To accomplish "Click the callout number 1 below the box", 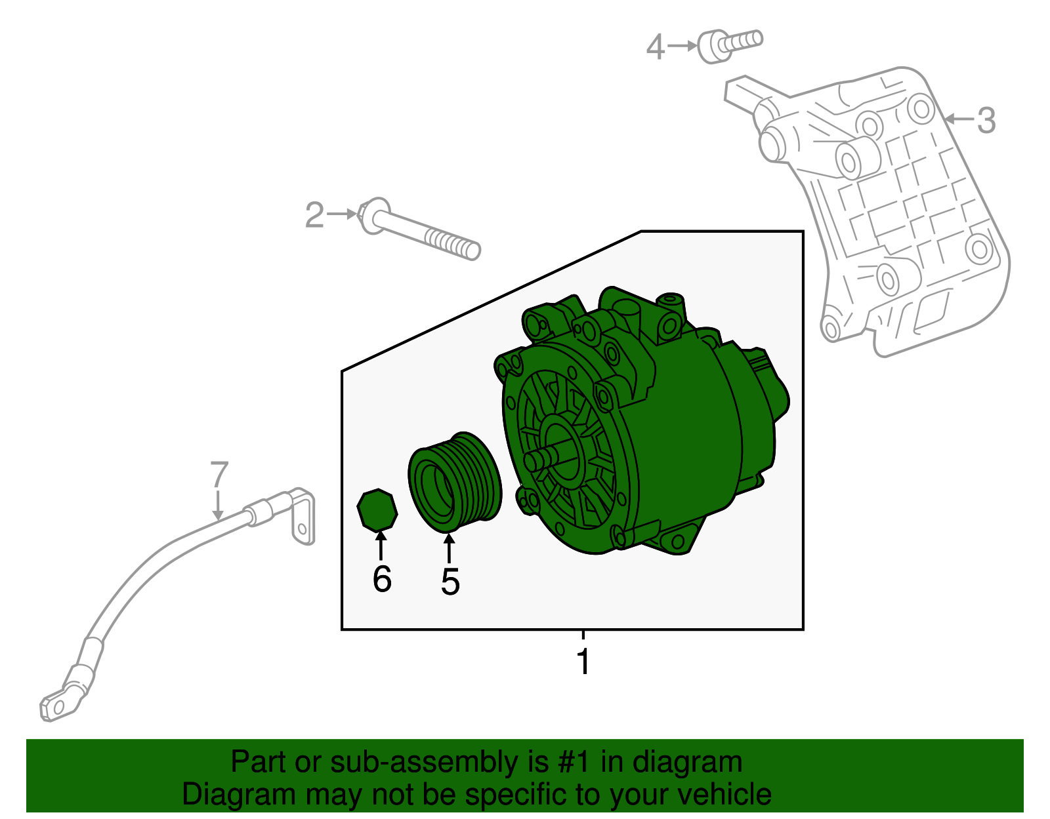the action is click(x=583, y=661).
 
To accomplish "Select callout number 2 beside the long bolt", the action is click(x=314, y=215).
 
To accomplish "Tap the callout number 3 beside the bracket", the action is click(x=987, y=120).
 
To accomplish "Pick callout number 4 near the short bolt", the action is click(x=656, y=47).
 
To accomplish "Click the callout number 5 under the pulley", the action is click(x=450, y=582).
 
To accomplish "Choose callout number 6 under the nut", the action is click(x=382, y=578).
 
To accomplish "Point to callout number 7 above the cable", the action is click(x=219, y=474).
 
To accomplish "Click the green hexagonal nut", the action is click(x=377, y=509).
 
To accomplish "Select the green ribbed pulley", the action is click(x=455, y=482).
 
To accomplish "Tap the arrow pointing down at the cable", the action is click(x=218, y=506).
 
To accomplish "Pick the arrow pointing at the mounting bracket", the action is click(x=959, y=119).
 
